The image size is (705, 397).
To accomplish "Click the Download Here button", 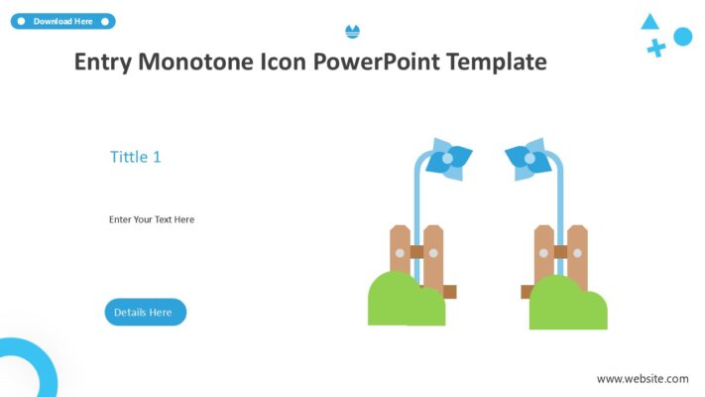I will coord(62,21).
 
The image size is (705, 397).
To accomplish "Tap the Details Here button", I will coord(145,312).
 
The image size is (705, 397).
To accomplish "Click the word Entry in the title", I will coord(102,62).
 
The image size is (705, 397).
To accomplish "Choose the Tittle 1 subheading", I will coord(135,156).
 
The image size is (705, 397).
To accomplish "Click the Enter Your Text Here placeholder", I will coord(152,219).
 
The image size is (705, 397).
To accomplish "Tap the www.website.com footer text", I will coord(642,378).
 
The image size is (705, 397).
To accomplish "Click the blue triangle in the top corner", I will coord(649,22).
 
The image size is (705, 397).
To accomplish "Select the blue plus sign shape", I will coord(655,47).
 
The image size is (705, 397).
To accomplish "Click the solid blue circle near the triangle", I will coord(682,37).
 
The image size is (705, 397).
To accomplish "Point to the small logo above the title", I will coord(352,32).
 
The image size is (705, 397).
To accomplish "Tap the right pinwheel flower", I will coord(528,159).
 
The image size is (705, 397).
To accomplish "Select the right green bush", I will coord(567,306).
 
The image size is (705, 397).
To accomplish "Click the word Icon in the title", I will coord(281,62).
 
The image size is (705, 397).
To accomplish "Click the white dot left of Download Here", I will coord(21,21).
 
